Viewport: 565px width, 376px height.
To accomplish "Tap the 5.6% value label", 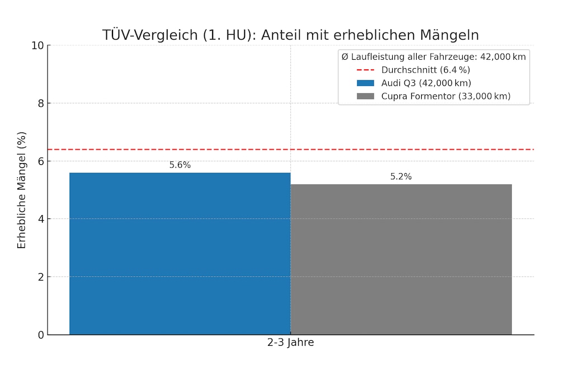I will tap(180, 165).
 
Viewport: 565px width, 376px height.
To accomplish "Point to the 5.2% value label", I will tap(401, 177).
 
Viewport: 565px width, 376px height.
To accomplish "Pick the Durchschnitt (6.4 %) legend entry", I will tap(425, 70).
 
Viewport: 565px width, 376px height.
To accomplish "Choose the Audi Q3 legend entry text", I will tap(426, 83).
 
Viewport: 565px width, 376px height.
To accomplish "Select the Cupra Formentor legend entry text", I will tap(446, 96).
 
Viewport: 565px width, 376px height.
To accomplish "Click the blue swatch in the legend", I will tap(365, 83).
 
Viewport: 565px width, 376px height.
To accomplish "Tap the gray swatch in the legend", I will tap(365, 96).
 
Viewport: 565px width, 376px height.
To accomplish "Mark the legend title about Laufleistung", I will tap(434, 56).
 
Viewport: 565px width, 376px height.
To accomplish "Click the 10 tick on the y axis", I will tap(37, 45).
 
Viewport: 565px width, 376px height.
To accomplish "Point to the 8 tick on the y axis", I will tap(40, 103).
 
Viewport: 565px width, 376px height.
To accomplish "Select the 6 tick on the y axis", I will tap(40, 161).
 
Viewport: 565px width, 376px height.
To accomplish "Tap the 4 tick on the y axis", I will tap(40, 219).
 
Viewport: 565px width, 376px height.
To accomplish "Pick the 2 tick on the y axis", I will tap(40, 277).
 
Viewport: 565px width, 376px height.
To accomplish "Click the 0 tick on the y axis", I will tap(40, 335).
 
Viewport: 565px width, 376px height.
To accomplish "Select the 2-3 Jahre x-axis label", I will tap(290, 343).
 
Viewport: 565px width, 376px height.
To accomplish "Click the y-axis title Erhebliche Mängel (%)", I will tap(22, 190).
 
